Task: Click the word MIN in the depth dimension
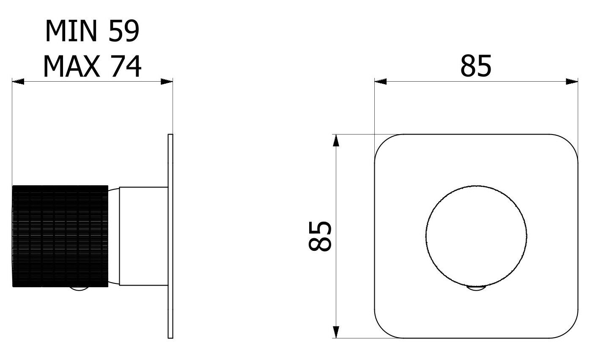(x=71, y=31)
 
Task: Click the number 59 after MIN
(x=124, y=31)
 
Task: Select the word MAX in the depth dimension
(x=71, y=66)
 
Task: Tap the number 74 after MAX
(x=126, y=66)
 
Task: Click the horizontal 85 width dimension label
(x=476, y=66)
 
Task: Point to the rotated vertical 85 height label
(x=319, y=236)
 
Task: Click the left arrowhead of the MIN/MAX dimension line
(x=18, y=82)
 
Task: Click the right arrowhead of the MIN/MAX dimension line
(x=167, y=82)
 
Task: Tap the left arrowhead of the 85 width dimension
(x=381, y=82)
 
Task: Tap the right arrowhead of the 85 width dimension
(x=572, y=82)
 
